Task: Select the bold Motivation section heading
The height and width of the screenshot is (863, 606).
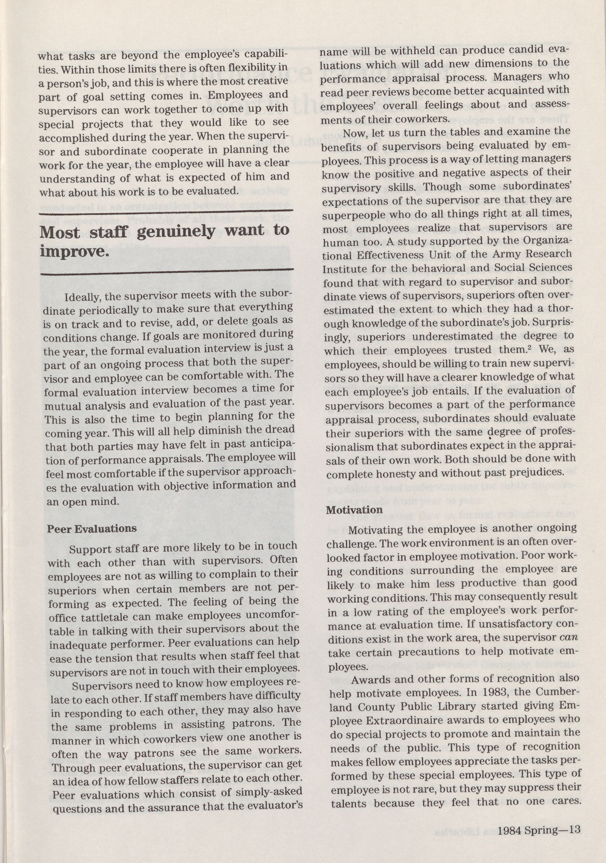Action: click(354, 510)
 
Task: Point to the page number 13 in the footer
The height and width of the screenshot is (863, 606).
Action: click(575, 827)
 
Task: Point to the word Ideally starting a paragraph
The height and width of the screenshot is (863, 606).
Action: click(83, 298)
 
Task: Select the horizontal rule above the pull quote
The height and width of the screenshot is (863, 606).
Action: click(166, 212)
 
